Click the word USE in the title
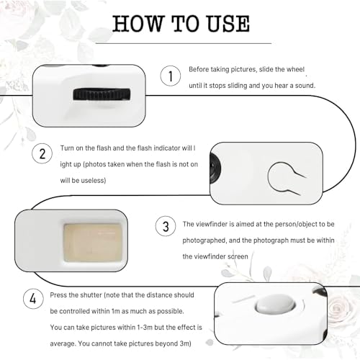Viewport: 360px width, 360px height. point(228,24)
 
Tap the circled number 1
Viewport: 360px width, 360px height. point(171,76)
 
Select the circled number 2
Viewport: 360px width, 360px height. point(42,153)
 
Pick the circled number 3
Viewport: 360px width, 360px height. point(166,226)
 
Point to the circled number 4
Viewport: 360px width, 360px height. point(33,299)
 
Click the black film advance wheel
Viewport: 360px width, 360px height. point(102,94)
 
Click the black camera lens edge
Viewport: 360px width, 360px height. point(215,168)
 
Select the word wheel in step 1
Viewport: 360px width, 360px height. point(295,69)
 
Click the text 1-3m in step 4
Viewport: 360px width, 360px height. point(144,328)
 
